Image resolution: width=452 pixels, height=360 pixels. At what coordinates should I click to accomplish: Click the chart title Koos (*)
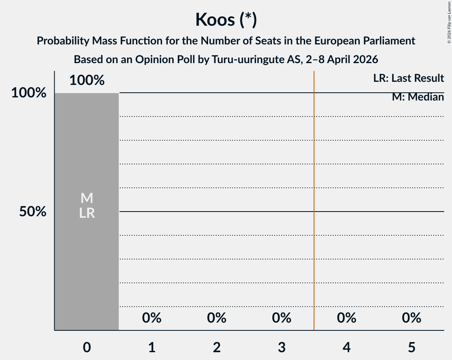pyautogui.click(x=226, y=19)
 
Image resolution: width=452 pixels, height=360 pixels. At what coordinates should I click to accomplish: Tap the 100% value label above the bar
pyautogui.click(x=87, y=80)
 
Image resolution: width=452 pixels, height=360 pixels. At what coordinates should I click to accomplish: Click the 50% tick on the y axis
pyautogui.click(x=33, y=212)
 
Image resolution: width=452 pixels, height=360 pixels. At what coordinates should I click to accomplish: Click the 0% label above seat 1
pyautogui.click(x=152, y=318)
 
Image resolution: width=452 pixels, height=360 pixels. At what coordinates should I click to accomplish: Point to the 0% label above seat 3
pyautogui.click(x=282, y=318)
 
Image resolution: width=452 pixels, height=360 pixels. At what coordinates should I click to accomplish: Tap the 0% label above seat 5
pyautogui.click(x=412, y=318)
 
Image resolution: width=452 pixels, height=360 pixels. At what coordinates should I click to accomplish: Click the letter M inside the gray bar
pyautogui.click(x=87, y=198)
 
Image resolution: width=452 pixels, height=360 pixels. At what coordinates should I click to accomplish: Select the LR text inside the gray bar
pyautogui.click(x=87, y=213)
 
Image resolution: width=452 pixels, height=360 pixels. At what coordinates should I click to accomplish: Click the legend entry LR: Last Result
pyautogui.click(x=408, y=78)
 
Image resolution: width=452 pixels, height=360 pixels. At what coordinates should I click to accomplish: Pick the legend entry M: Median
pyautogui.click(x=418, y=97)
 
